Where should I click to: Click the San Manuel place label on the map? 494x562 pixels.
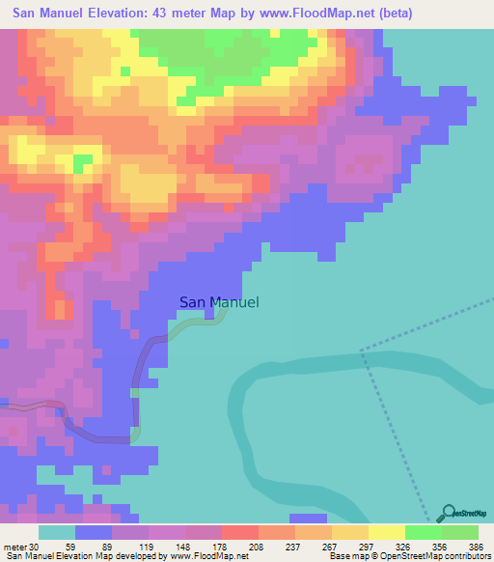click(219, 302)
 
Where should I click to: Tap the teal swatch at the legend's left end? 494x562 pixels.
click(56, 532)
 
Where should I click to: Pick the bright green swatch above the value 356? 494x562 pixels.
click(423, 532)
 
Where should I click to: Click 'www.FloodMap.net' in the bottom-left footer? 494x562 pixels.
click(199, 556)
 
